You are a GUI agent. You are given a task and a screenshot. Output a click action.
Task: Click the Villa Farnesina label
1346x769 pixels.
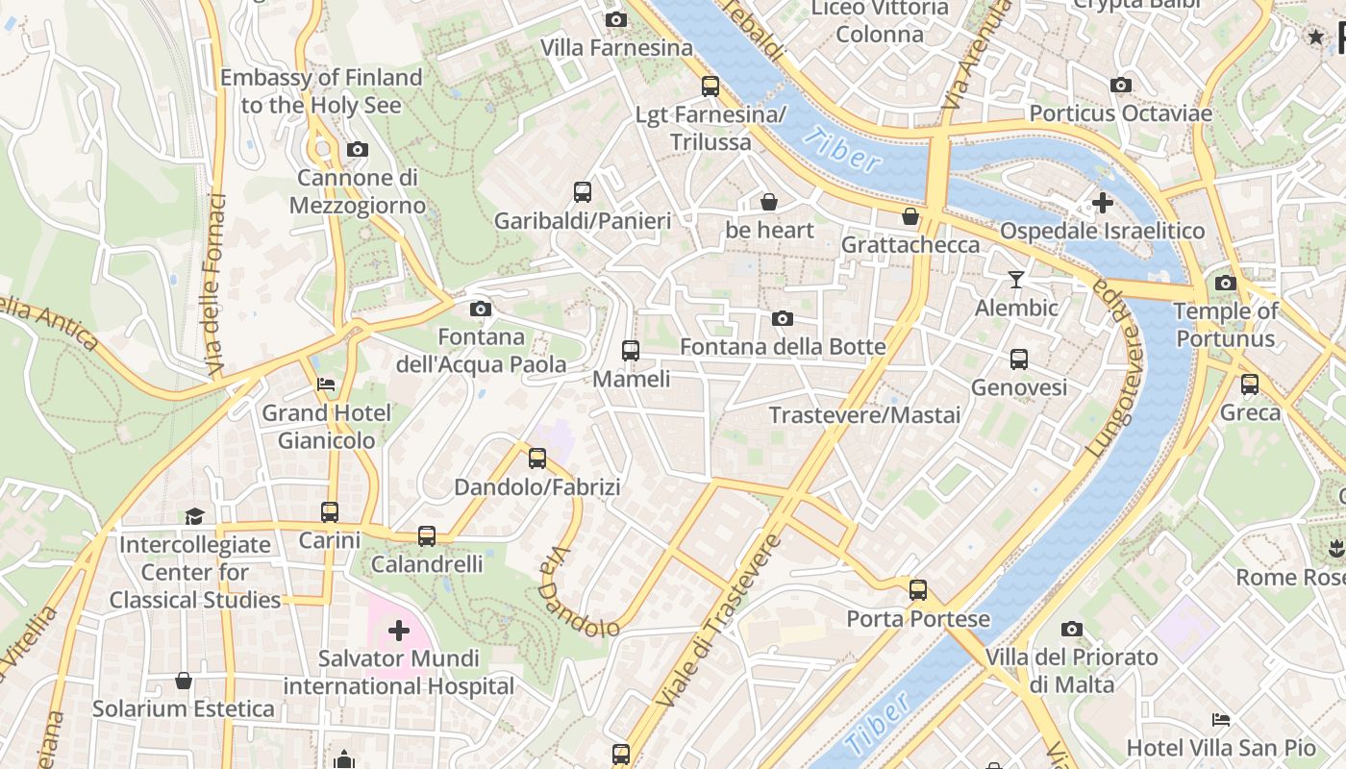tap(616, 47)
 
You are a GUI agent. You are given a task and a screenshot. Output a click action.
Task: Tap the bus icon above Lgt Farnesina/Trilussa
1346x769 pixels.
tap(710, 86)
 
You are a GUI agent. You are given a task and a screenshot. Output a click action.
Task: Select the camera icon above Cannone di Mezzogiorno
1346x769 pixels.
tap(358, 149)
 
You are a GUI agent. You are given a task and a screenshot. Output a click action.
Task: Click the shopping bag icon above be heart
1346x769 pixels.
tap(769, 202)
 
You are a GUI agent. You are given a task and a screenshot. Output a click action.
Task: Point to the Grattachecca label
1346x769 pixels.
tap(910, 244)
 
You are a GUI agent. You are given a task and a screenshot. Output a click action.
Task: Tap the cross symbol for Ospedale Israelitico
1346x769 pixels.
tap(1103, 203)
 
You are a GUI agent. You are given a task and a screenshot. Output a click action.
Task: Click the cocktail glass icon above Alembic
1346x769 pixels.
tap(1016, 280)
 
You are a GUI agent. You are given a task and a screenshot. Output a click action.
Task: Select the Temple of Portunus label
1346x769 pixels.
tap(1225, 325)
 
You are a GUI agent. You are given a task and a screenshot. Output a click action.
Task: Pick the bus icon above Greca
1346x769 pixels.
tap(1250, 384)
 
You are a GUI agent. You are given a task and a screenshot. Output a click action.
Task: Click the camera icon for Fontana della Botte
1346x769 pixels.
tap(783, 318)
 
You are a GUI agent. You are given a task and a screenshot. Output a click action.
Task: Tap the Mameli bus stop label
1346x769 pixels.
tap(631, 379)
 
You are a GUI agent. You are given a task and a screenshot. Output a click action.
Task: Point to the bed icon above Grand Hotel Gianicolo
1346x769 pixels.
tap(327, 384)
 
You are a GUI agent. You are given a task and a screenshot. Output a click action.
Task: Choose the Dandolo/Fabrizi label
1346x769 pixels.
tap(537, 487)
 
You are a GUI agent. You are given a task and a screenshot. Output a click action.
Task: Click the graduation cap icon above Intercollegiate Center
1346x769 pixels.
tap(195, 516)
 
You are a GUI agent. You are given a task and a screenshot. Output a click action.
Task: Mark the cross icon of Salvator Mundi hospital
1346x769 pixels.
tap(398, 631)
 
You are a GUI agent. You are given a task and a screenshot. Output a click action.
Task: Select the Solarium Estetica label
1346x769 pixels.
tap(184, 709)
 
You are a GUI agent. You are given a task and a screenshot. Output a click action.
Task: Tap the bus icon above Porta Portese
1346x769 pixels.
tap(918, 590)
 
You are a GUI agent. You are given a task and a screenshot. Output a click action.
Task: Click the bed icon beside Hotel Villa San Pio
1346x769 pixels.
tap(1221, 719)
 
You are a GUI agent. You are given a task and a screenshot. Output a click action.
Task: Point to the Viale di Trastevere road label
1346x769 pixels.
tap(718, 621)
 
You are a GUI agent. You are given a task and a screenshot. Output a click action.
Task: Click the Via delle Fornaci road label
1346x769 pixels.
tap(215, 285)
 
